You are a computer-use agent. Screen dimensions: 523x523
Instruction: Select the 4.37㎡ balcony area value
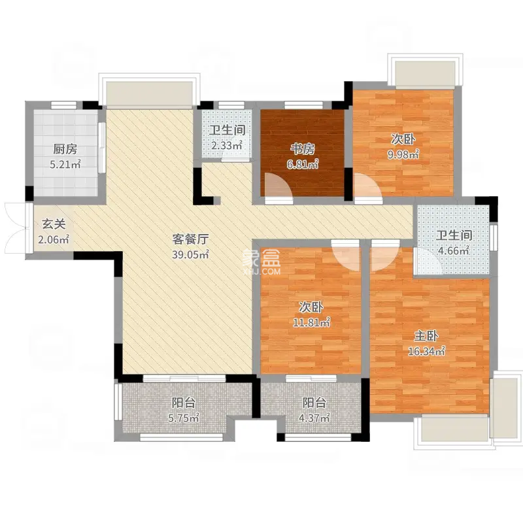point(313,418)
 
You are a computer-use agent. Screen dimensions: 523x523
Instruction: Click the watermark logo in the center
point(262,261)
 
